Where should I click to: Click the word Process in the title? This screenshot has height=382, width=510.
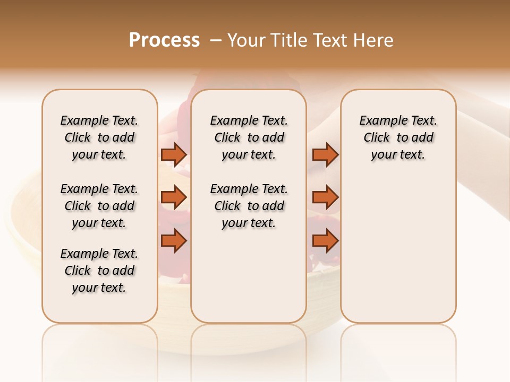click(x=164, y=40)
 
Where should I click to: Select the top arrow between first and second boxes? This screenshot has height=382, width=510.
click(x=174, y=155)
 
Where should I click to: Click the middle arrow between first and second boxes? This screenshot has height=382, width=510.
click(x=174, y=198)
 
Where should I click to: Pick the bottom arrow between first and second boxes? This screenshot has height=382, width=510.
click(x=174, y=241)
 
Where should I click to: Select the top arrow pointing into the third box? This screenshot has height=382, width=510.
click(x=325, y=155)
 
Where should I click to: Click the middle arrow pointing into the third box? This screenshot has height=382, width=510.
click(x=325, y=198)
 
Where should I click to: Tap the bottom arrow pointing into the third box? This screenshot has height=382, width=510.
click(x=325, y=241)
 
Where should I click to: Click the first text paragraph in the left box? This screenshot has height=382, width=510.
click(x=99, y=137)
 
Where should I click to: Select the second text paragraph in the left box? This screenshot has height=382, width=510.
click(x=99, y=206)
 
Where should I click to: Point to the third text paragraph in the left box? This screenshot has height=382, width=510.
click(x=99, y=271)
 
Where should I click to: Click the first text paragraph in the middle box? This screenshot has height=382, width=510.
click(x=249, y=137)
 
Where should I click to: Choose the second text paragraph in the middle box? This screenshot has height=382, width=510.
click(x=249, y=206)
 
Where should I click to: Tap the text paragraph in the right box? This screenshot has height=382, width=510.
click(x=398, y=137)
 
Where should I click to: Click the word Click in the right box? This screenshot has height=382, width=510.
click(x=377, y=138)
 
